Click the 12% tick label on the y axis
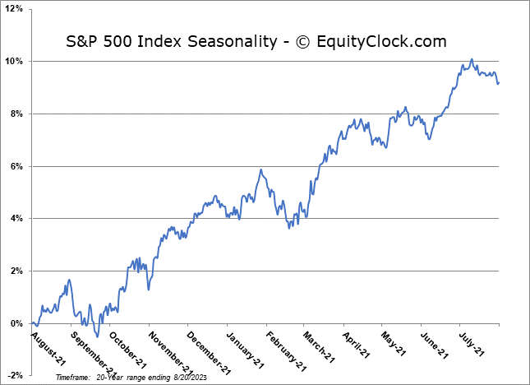16,9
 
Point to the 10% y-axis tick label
16,62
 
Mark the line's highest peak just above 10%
471,59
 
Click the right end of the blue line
497,82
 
